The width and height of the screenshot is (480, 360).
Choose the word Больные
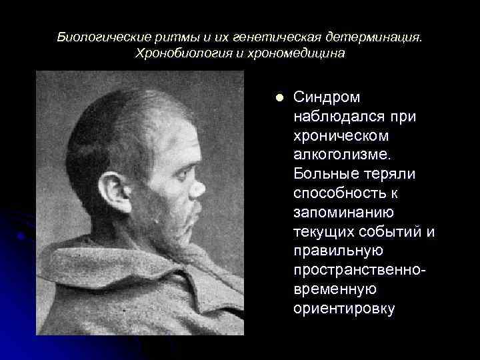(x=323, y=174)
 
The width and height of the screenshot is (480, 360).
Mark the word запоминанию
(x=343, y=213)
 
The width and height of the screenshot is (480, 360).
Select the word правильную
(x=338, y=251)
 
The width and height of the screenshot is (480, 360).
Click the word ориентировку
(x=343, y=309)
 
